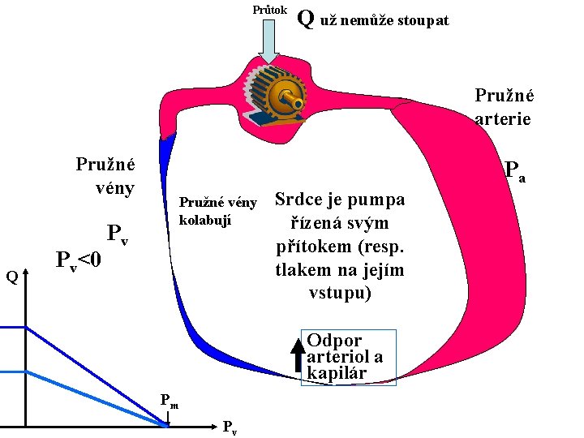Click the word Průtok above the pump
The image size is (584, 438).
268,10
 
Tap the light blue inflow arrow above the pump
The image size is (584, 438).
268,41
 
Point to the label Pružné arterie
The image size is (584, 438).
503,107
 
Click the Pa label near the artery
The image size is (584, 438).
514,170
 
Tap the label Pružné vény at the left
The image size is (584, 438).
105,175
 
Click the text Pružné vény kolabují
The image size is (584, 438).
217,211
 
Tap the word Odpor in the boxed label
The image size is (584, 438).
334,340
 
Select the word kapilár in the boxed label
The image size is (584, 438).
337,373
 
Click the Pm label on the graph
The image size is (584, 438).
170,399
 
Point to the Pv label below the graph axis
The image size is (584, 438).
230,427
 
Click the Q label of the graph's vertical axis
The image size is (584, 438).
12,277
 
